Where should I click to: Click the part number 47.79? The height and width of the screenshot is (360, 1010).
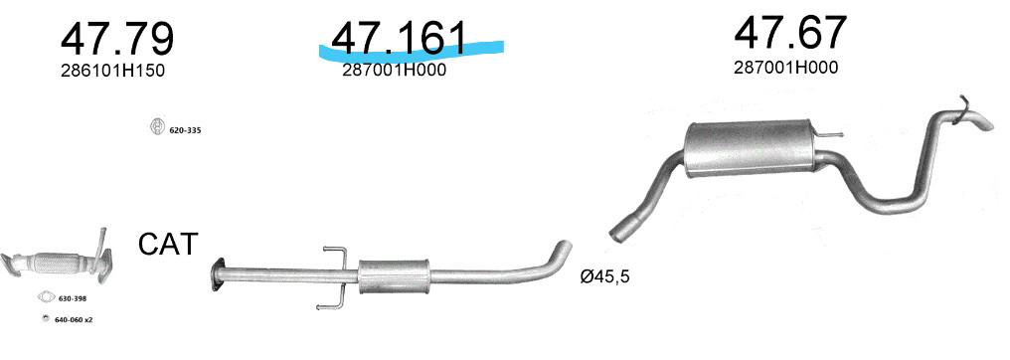(x=116, y=40)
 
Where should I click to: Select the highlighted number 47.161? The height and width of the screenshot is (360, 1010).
(x=398, y=38)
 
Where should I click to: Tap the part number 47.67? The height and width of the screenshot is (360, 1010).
(x=789, y=33)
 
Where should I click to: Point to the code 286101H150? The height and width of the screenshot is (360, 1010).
(x=112, y=71)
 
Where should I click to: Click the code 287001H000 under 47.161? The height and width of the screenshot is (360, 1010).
(x=395, y=71)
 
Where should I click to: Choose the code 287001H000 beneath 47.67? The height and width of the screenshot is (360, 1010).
(x=786, y=67)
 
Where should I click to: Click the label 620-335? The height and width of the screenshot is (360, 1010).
(x=186, y=130)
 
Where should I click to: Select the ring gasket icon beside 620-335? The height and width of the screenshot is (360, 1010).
(x=157, y=127)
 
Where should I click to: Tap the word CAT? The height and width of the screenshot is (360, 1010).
(x=168, y=245)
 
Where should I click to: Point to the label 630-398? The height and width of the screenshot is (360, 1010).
(x=73, y=298)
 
